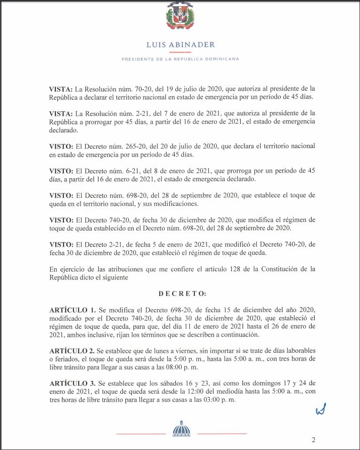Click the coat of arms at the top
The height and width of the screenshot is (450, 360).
[x=180, y=17]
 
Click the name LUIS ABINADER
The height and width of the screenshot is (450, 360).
[x=180, y=44]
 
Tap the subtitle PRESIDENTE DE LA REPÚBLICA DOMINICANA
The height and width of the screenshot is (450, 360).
[x=180, y=59]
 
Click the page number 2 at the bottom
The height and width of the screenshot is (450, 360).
[x=313, y=439]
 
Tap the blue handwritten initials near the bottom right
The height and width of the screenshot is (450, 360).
[x=321, y=410]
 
